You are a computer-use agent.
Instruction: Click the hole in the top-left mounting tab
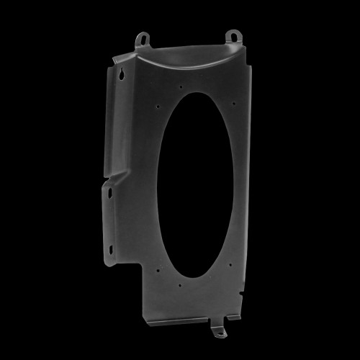tap(143, 37)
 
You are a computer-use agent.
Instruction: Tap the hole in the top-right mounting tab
tap(233, 35)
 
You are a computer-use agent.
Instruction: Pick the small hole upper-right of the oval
tap(233, 103)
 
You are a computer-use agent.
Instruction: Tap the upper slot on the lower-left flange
tap(109, 193)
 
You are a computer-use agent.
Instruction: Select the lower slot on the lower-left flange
tap(110, 249)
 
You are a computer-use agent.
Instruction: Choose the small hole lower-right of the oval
tap(230, 264)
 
